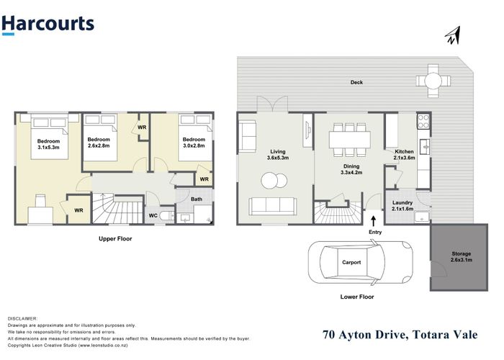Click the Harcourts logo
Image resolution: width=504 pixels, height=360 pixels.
(48, 24)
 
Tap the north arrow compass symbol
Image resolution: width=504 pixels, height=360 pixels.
(453, 35)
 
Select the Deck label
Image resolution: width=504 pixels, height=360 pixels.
(356, 82)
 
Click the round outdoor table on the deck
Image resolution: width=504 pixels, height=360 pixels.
(433, 81)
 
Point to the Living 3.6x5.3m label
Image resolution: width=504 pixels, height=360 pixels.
(278, 155)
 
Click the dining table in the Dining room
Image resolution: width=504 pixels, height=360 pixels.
(350, 140)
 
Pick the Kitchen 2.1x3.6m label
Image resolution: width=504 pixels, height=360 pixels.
(404, 155)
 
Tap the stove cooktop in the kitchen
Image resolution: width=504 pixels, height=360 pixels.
(423, 121)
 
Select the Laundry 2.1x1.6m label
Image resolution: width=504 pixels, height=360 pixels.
(402, 206)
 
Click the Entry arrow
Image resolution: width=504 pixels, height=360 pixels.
(374, 221)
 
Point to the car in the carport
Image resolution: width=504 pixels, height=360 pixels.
(360, 262)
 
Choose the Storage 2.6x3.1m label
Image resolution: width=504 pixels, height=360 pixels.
(462, 257)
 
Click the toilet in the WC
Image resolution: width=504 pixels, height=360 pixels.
(166, 216)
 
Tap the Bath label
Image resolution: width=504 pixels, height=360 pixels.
(197, 199)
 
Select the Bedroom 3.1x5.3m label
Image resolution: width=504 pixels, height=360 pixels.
(48, 144)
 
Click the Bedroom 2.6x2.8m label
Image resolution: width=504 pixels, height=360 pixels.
(99, 143)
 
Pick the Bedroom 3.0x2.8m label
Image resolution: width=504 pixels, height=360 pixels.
(194, 143)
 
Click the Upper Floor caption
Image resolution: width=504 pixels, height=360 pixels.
(115, 239)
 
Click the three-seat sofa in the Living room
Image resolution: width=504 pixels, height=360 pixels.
(273, 207)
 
